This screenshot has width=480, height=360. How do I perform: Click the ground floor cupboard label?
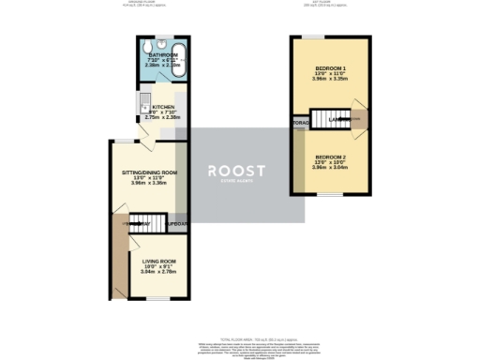tap(176, 224)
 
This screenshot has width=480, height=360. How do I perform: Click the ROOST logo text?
tap(236, 170)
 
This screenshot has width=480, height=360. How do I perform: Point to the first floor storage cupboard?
tap(300, 122)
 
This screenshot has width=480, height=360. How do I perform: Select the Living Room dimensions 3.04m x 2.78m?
tap(158, 272)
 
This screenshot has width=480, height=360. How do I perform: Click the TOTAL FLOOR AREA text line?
tap(239, 337)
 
